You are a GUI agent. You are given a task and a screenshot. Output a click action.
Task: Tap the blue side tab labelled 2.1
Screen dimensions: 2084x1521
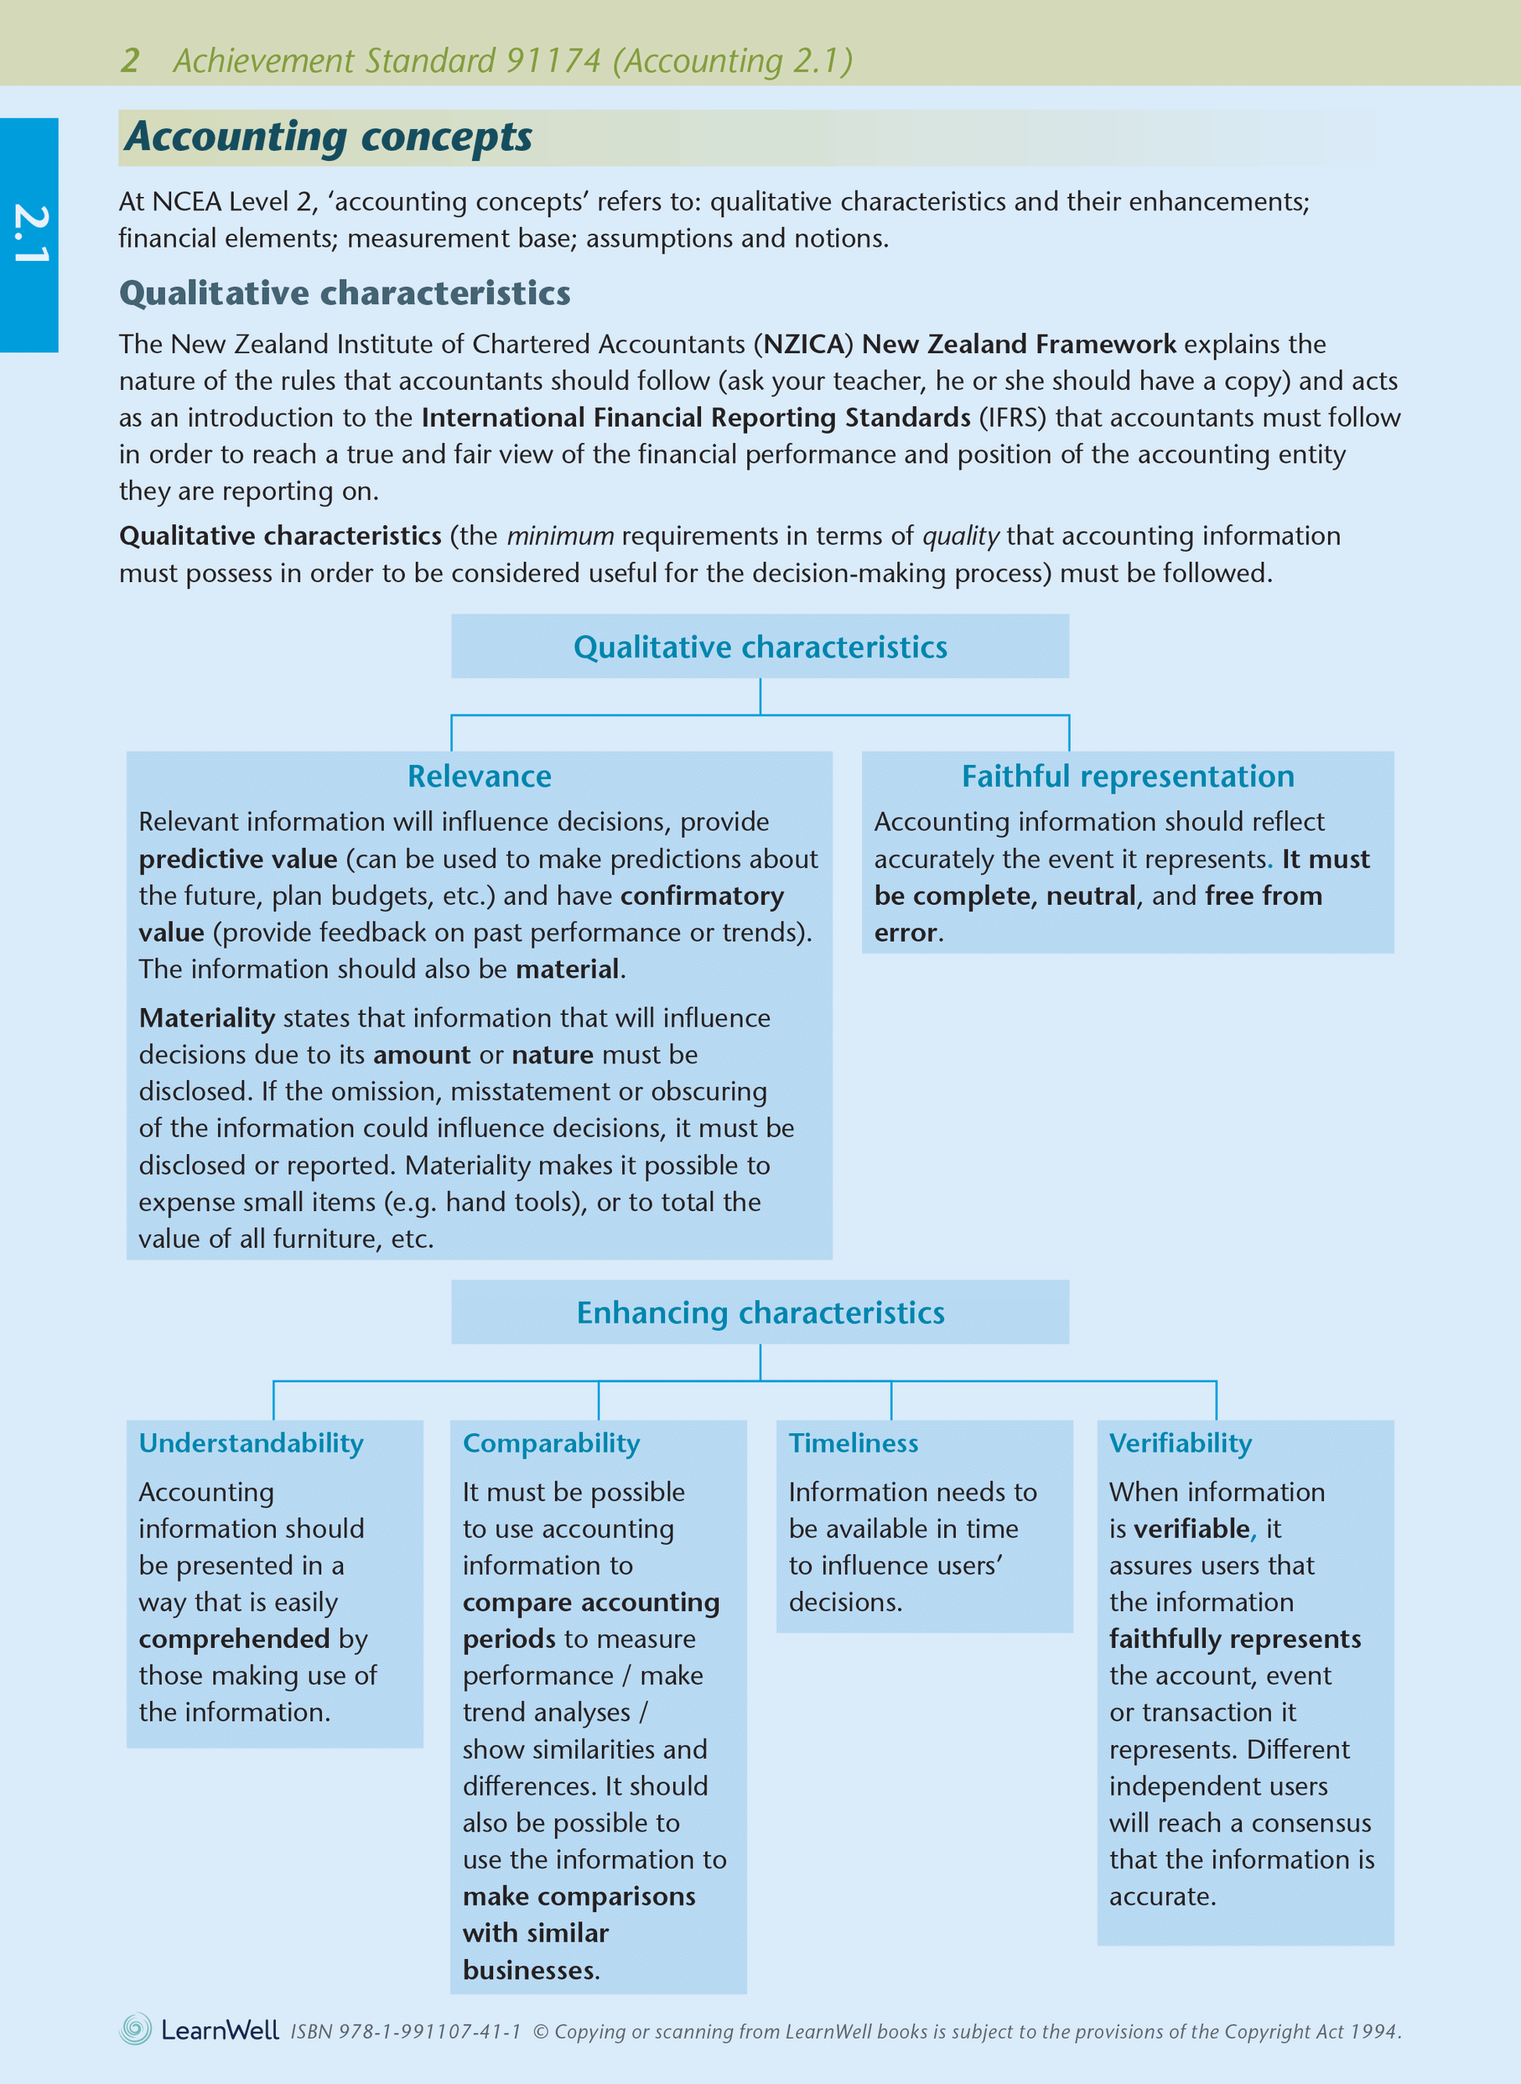click(x=30, y=234)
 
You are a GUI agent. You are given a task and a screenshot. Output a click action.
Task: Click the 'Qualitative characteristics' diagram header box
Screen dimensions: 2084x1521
click(x=760, y=647)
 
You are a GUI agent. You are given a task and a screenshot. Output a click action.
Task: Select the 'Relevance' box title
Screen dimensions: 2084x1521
click(x=479, y=776)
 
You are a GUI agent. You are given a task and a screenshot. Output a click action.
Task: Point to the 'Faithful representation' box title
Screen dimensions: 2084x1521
click(x=1127, y=776)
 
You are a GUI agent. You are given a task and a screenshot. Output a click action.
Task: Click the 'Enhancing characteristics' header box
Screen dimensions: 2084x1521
click(x=760, y=1312)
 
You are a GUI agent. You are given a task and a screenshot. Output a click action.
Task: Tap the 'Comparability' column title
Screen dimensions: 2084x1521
click(x=550, y=1442)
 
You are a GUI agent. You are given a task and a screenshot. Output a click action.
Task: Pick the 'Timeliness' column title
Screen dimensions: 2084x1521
click(x=853, y=1442)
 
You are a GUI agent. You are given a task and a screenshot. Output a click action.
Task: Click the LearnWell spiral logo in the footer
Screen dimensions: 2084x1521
click(x=135, y=2029)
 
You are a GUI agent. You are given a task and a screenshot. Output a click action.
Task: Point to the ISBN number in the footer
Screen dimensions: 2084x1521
click(x=406, y=2032)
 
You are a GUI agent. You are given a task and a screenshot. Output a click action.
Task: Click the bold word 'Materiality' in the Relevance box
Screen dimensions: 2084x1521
click(x=206, y=1017)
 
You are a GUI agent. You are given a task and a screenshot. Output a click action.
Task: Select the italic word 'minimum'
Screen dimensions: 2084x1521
click(x=560, y=536)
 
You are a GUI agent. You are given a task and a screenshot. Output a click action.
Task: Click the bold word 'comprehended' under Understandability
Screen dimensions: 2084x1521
click(x=234, y=1639)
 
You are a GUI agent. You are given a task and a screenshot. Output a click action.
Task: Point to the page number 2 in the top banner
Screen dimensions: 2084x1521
click(x=130, y=61)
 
